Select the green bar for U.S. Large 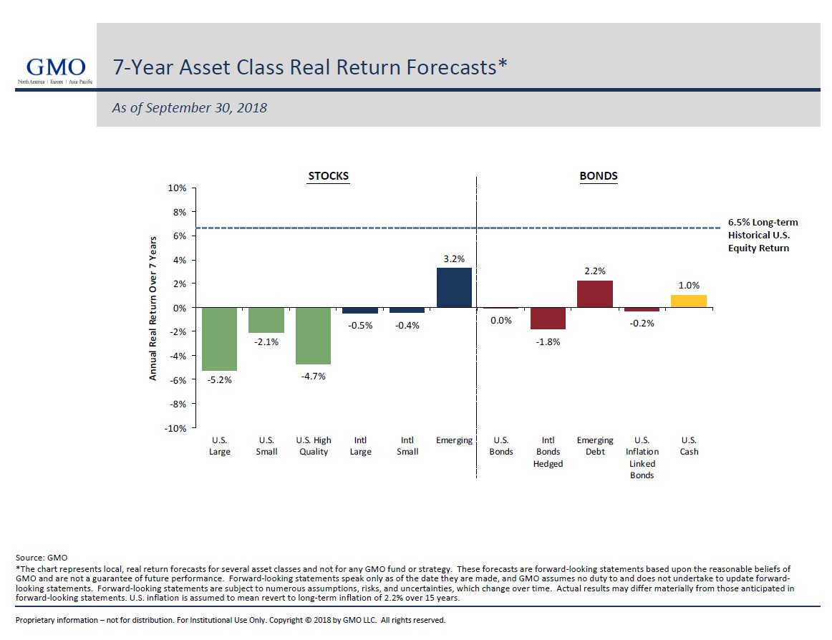219,339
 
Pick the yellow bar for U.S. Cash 689,301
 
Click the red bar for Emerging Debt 595,294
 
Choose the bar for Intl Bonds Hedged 548,319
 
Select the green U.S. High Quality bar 313,336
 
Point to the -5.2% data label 219,380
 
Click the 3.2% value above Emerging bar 454,258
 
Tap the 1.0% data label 689,285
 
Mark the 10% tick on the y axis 177,188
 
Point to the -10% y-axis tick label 175,428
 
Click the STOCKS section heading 328,176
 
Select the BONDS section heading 599,176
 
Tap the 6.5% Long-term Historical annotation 763,235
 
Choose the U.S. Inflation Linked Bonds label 642,457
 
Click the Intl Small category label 407,446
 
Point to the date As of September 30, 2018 190,108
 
